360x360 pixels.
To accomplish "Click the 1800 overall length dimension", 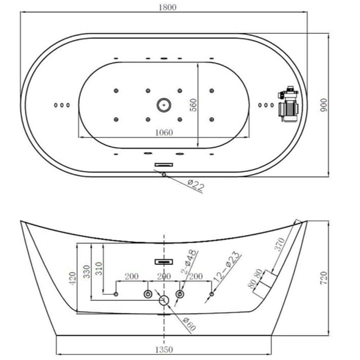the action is [x=167, y=7].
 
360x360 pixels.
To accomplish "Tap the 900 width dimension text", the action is [x=324, y=105].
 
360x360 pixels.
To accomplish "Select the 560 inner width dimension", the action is [x=194, y=105].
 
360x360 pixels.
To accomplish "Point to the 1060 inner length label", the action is [x=164, y=133].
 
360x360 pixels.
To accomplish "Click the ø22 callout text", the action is [x=195, y=185].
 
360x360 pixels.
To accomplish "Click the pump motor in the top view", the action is [x=288, y=104].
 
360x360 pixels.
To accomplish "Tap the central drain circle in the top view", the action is [x=164, y=105].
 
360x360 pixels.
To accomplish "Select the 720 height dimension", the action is [x=324, y=278].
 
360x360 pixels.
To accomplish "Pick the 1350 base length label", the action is [x=164, y=350].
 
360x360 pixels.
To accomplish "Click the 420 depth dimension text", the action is [x=73, y=278].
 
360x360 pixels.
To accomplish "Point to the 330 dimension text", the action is [x=86, y=272].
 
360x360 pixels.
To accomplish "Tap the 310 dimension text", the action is [x=99, y=269].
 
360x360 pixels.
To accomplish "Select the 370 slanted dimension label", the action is [x=279, y=245].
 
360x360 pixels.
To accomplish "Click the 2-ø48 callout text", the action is [x=189, y=262].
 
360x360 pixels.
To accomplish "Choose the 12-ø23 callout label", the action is [x=226, y=267].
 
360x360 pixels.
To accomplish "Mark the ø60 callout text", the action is [x=189, y=324].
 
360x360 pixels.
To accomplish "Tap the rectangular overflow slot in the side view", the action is [x=164, y=262].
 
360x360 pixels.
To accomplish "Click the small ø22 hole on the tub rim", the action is [x=164, y=175].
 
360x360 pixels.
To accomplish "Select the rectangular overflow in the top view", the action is [x=164, y=165].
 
